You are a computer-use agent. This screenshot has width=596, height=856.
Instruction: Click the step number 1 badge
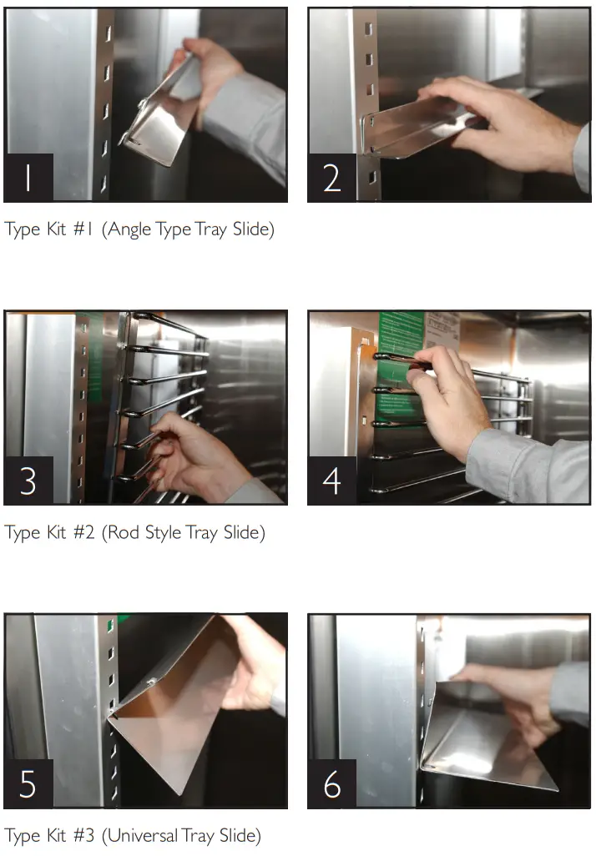(28, 178)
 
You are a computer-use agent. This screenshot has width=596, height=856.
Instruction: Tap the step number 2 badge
(332, 178)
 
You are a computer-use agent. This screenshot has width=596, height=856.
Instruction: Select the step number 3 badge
(28, 481)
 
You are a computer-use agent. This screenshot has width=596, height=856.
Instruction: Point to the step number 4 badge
(332, 481)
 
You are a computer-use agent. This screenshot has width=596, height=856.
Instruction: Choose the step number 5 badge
(28, 784)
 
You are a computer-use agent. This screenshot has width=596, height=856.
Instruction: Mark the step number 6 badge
(332, 784)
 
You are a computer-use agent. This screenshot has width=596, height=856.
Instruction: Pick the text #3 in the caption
(83, 836)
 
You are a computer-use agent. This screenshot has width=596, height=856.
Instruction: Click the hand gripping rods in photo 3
(188, 455)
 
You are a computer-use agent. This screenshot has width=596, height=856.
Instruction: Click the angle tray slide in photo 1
(163, 125)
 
